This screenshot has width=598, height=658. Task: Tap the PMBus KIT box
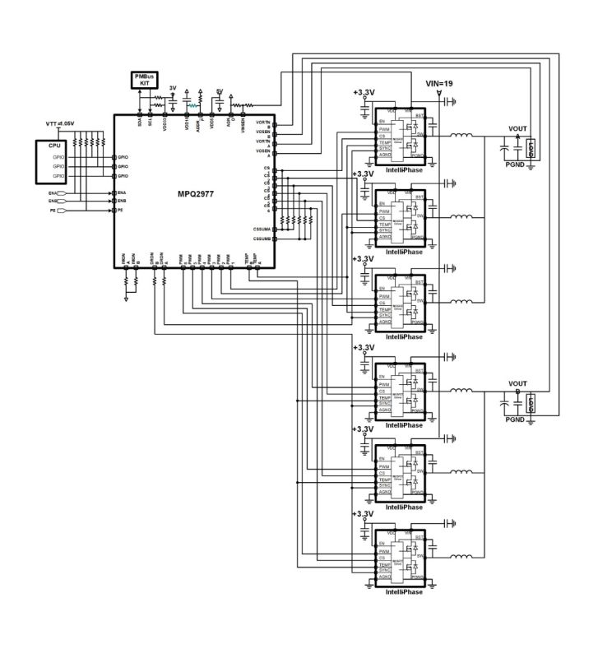(144, 80)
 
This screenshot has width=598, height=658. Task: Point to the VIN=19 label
(439, 84)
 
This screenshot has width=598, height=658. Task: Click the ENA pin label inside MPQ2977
(122, 192)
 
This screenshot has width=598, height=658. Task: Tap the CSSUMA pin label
(262, 228)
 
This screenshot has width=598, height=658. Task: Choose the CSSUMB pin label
(262, 239)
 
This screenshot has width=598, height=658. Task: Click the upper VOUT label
(517, 128)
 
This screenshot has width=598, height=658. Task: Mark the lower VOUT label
(517, 384)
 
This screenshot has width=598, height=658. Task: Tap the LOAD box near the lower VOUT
(531, 403)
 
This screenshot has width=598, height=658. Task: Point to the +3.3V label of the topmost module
(363, 93)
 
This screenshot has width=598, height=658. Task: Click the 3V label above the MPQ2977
(173, 88)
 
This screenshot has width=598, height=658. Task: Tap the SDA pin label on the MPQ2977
(140, 120)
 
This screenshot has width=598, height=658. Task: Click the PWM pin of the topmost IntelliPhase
(384, 129)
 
